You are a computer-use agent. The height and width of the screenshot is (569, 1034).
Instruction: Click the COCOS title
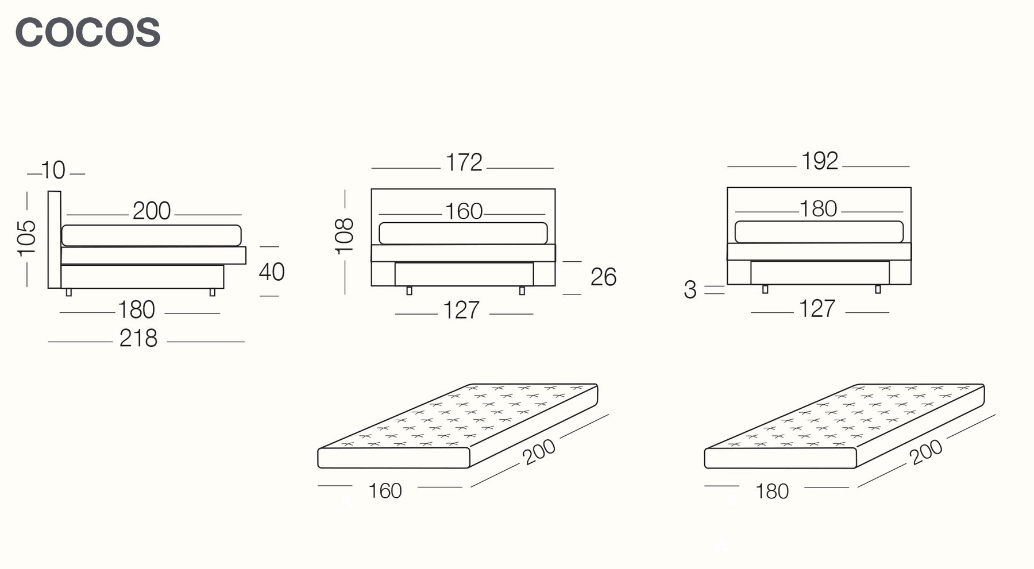click(x=88, y=32)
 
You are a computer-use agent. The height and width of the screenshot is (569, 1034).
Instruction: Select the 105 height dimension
click(x=26, y=238)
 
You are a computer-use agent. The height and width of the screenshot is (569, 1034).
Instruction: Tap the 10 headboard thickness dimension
click(x=53, y=171)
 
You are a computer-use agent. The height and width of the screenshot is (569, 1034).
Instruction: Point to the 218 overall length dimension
click(x=138, y=339)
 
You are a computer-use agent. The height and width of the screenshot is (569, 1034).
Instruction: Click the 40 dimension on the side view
click(x=272, y=272)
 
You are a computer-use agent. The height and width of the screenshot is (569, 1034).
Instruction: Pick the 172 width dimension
click(x=464, y=162)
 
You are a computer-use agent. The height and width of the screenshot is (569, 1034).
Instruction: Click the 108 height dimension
click(x=344, y=236)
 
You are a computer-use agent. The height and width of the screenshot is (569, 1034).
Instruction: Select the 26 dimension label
click(x=603, y=277)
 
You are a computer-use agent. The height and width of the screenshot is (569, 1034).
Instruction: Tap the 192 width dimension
click(x=820, y=161)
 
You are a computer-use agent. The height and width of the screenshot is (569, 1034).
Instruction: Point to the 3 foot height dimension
click(x=690, y=290)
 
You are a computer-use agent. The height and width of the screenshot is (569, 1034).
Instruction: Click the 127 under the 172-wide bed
click(x=461, y=311)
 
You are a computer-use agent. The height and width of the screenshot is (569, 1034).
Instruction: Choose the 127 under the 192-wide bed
click(x=817, y=309)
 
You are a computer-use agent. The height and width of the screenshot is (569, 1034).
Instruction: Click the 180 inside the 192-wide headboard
click(x=819, y=209)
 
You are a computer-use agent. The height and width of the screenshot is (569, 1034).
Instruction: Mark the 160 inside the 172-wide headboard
click(x=464, y=211)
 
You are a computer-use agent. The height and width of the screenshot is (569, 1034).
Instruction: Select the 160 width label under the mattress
click(x=385, y=491)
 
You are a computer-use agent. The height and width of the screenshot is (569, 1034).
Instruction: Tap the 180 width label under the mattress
click(x=772, y=491)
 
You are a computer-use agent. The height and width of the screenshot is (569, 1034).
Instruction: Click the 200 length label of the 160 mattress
click(x=539, y=452)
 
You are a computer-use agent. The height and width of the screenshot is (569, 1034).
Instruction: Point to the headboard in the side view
click(x=55, y=239)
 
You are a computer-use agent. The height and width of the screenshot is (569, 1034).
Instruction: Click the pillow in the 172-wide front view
click(x=463, y=233)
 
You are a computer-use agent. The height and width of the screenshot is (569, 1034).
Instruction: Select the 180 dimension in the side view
click(x=136, y=310)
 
